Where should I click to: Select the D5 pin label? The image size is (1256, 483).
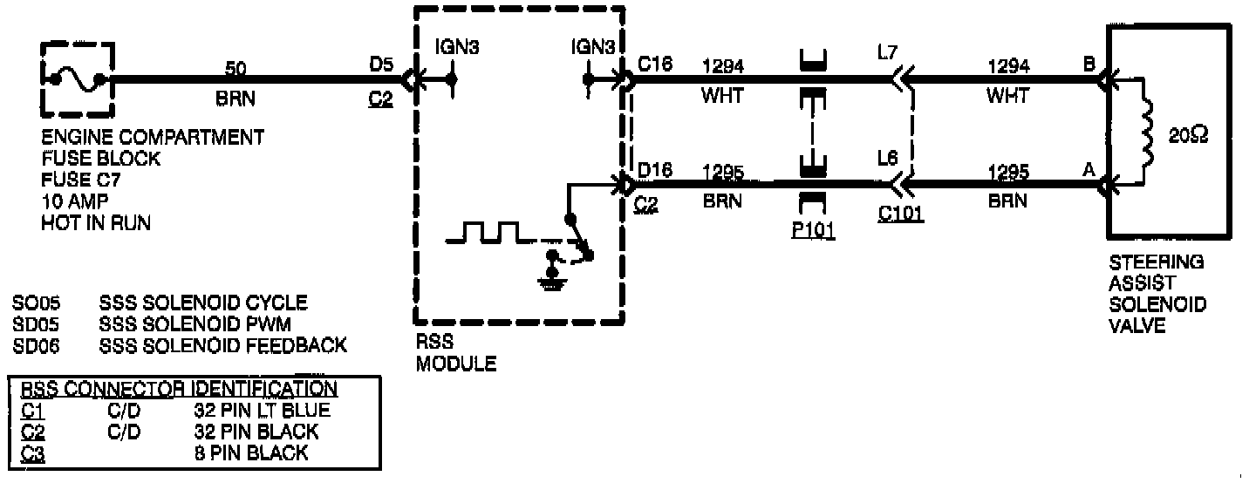(x=381, y=64)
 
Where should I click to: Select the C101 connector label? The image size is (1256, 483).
(x=902, y=214)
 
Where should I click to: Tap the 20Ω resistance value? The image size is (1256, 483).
(x=1189, y=135)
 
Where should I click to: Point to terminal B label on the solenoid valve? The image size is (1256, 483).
(x=1089, y=65)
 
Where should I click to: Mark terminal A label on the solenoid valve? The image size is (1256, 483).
(x=1089, y=171)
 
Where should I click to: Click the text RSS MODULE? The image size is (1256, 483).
(x=455, y=352)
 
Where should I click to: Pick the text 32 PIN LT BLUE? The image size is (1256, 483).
(x=262, y=410)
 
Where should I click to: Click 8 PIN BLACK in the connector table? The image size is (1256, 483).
(x=251, y=452)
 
